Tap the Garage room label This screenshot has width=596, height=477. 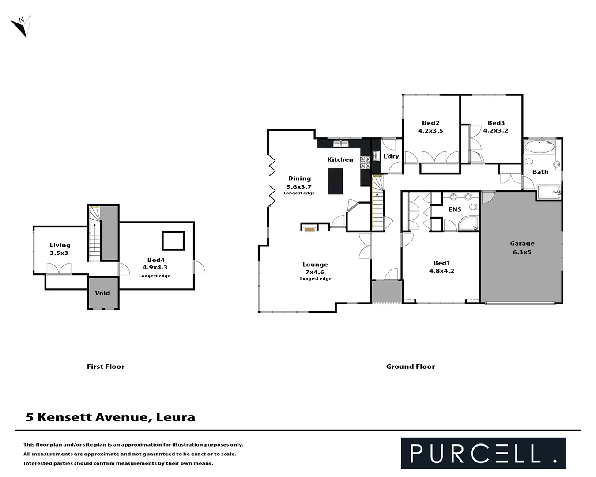pos(522,243)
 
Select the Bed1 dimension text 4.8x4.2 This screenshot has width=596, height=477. pos(441,271)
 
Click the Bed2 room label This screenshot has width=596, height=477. pos(430,123)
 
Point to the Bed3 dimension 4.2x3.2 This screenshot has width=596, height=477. pos(495,131)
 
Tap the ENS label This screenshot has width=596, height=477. pos(455,209)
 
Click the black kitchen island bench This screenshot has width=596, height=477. pos(336,181)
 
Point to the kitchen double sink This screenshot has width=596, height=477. pos(340,144)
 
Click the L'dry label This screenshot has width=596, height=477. pos(391,156)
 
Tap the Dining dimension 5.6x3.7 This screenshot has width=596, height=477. pos(299,187)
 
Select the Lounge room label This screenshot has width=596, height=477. pos(315,265)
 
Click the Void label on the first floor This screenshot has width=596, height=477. pos(102,293)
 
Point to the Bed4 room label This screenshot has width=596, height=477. pos(156,260)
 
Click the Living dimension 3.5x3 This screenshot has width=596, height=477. pos(59,253)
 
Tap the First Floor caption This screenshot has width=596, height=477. pos(106,367)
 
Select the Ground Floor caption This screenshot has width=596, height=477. pos(410,367)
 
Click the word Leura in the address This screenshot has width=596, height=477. pos(175,417)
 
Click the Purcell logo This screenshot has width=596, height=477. pos(483,453)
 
